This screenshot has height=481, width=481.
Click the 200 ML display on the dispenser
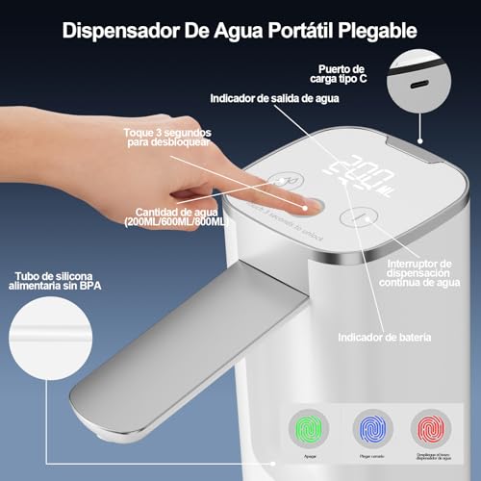(x=357, y=173)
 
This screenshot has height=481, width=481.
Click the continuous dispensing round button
(x=357, y=217)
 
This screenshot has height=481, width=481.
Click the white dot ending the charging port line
(x=419, y=140)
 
